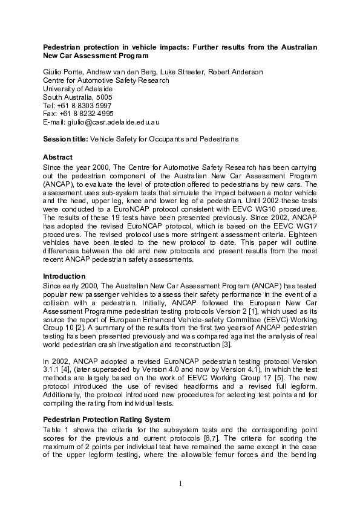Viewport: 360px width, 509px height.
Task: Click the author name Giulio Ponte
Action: click(62, 72)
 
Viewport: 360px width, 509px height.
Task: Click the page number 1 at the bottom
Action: click(180, 484)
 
